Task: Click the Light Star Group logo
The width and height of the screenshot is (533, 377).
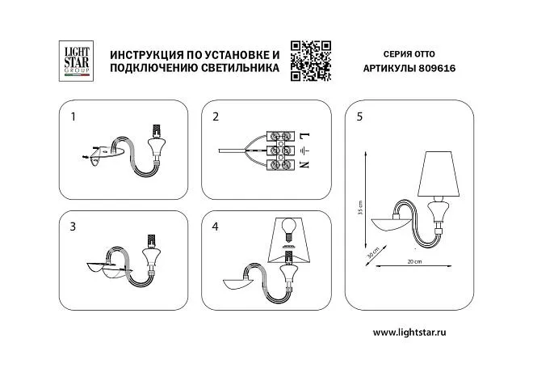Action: click(x=76, y=61)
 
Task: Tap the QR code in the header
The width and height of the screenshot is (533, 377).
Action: click(x=311, y=61)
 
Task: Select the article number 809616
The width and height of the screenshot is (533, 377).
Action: click(x=437, y=68)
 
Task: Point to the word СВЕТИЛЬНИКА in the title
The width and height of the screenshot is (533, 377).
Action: click(x=240, y=67)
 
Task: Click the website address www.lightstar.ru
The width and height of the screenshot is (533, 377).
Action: click(x=409, y=332)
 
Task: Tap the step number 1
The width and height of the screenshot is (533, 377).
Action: click(x=73, y=116)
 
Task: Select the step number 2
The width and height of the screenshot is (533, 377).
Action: click(x=216, y=116)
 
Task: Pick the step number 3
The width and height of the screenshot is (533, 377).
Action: click(x=73, y=227)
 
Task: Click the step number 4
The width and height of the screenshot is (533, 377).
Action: click(x=215, y=227)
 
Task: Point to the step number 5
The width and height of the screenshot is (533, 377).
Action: click(x=359, y=116)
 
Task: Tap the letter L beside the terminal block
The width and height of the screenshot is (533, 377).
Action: click(x=305, y=136)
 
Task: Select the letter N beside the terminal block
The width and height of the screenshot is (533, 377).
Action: click(x=305, y=164)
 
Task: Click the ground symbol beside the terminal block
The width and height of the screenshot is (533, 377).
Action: click(x=305, y=150)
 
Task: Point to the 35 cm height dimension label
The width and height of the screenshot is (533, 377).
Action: click(x=360, y=207)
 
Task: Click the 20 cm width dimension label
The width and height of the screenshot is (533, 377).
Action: click(x=414, y=261)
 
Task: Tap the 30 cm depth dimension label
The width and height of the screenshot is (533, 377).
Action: click(x=372, y=253)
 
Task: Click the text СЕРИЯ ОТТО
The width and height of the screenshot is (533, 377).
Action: click(x=409, y=54)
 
